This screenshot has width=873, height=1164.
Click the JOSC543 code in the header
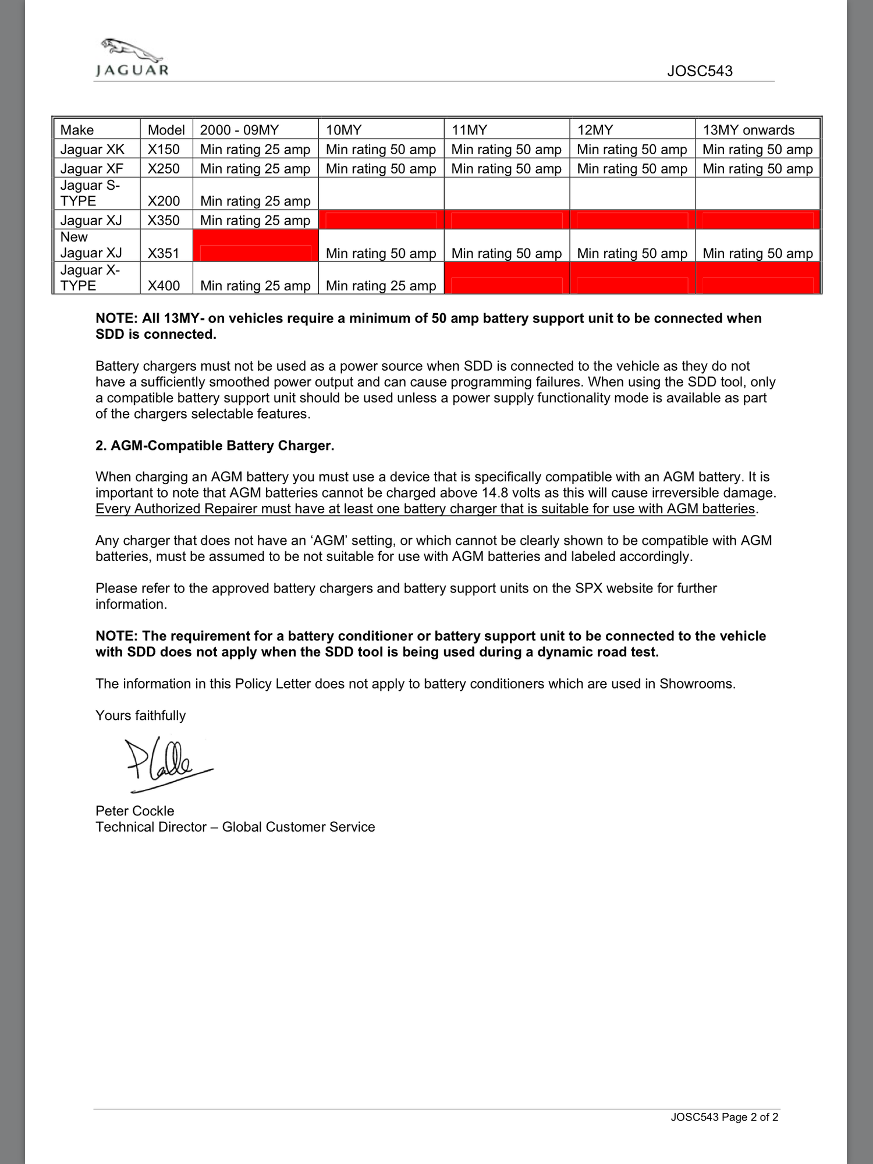click(700, 72)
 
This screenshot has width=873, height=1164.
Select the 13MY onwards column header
click(748, 130)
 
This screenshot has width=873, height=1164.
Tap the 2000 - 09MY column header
click(239, 130)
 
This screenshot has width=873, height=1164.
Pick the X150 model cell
click(164, 150)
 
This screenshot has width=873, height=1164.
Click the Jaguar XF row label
click(91, 169)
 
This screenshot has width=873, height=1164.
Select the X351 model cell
click(164, 253)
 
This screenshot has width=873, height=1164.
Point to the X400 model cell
click(164, 286)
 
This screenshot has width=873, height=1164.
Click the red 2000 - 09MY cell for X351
click(255, 246)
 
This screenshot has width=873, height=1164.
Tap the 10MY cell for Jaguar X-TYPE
click(381, 286)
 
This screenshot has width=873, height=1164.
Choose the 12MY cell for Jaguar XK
click(632, 150)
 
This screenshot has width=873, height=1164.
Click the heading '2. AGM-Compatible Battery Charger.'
click(215, 446)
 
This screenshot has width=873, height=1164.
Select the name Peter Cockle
click(134, 811)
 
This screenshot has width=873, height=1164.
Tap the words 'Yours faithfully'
click(140, 716)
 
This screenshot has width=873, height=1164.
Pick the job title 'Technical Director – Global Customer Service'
click(235, 827)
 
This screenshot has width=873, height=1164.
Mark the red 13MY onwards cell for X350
click(758, 220)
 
